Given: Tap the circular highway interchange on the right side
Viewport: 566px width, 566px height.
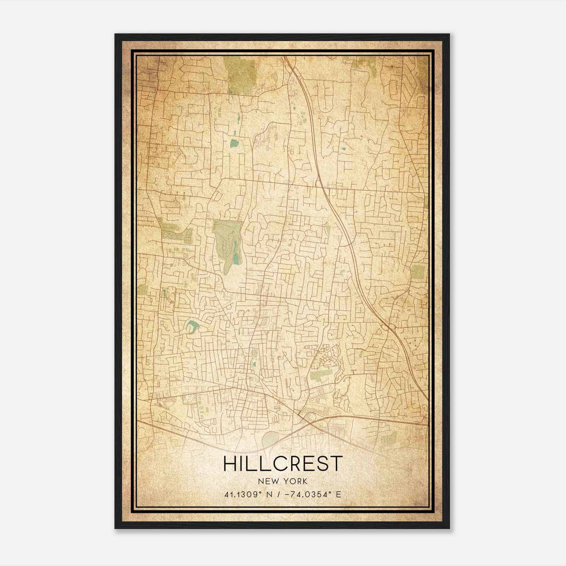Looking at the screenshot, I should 388,327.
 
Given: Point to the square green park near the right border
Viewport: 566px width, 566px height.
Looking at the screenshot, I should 417,272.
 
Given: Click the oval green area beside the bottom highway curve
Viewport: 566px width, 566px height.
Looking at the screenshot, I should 271,439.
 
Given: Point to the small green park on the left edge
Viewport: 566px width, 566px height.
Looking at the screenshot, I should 143,290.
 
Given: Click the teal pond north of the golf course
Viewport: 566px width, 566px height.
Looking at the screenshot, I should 233,143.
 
